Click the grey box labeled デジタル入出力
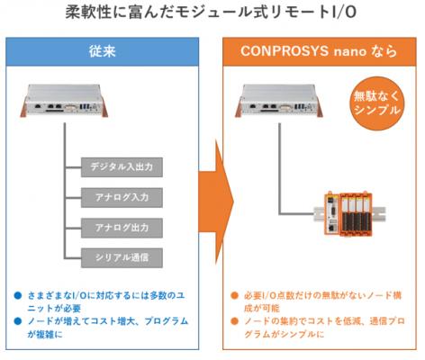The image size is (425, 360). tap(122, 167)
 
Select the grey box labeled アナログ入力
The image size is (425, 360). tap(122, 197)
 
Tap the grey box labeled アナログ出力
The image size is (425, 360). tap(122, 228)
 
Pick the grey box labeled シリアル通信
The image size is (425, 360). tap(122, 257)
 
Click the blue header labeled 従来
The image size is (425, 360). tap(103, 51)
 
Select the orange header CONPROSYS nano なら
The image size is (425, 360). tap(320, 51)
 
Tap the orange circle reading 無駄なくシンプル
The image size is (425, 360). tap(377, 103)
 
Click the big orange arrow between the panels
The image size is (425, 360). tap(215, 202)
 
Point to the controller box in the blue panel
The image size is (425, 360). tap(64, 101)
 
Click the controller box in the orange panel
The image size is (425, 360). tap(279, 101)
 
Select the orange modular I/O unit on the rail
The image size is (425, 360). tap(348, 213)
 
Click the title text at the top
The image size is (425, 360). tap(211, 13)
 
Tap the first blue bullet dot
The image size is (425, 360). tap(18, 295)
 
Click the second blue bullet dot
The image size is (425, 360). tap(18, 321)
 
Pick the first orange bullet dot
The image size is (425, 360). tap(234, 295)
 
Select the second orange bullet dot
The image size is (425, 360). tap(234, 321)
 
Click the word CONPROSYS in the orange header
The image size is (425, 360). tap(285, 51)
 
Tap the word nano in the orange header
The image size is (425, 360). tap(349, 52)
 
